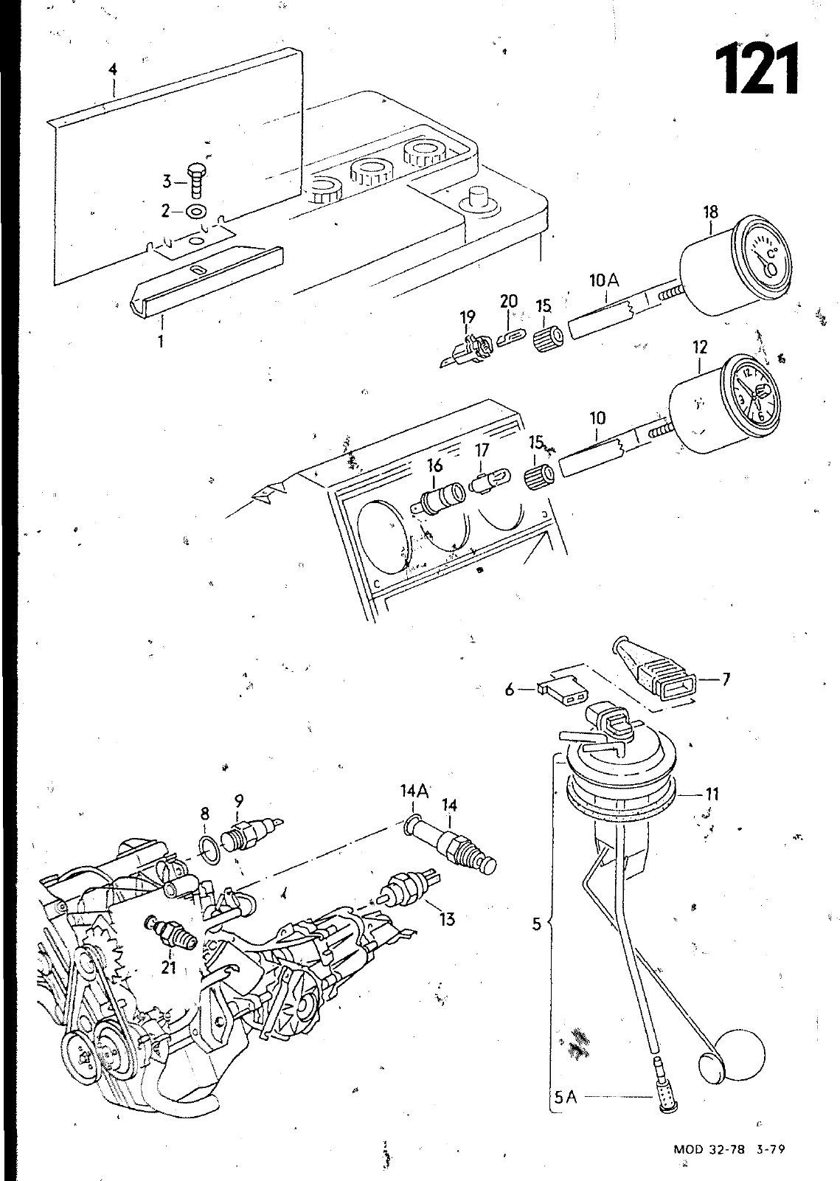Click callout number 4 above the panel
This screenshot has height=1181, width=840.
[113, 71]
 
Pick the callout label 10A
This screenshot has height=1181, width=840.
[605, 281]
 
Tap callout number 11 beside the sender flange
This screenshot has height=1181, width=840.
[712, 794]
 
